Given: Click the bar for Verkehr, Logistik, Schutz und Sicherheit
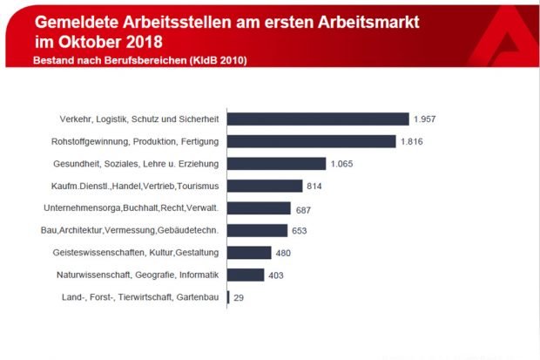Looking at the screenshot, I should tap(318, 119).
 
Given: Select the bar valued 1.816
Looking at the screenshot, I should tap(312, 141).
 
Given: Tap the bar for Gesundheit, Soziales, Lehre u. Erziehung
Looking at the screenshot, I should tap(276, 164).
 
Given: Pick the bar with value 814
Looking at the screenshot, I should tap(265, 186).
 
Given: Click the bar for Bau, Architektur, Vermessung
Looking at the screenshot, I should tap(257, 230).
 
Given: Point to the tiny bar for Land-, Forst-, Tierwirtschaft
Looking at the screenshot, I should tap(228, 297).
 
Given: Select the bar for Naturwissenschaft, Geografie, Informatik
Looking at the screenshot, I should tap(246, 275).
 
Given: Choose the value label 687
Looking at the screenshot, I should tap(304, 208).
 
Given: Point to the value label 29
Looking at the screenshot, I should tap(239, 297).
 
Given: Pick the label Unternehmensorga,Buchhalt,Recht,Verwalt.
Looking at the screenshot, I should tap(131, 208).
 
